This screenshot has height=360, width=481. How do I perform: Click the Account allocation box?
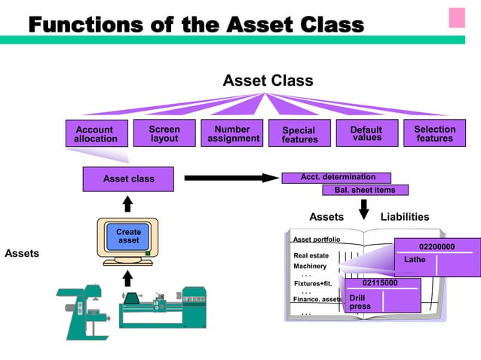click(95, 133)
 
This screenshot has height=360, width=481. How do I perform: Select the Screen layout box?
click(164, 133)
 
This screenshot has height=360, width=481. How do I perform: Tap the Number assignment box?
click(233, 133)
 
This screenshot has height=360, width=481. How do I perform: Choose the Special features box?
click(299, 133)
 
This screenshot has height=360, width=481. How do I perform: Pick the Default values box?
click(366, 133)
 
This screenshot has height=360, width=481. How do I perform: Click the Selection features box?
click(434, 133)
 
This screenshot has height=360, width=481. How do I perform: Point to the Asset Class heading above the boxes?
click(268, 81)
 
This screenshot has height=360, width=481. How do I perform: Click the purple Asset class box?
click(128, 178)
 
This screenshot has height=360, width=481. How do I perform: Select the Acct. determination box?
click(337, 177)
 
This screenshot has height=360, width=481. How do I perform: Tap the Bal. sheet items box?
click(365, 190)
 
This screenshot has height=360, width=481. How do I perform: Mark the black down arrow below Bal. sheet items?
click(363, 209)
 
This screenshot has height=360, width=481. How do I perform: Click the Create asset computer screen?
click(128, 236)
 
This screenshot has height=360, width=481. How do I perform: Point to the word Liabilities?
click(405, 217)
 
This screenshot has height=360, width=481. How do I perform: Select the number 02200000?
click(437, 246)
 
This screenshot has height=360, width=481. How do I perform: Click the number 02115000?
click(380, 283)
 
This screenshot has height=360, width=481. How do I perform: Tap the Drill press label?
click(360, 301)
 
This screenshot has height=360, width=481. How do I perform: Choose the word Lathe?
click(415, 260)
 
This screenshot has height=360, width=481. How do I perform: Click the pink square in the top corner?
click(457, 17)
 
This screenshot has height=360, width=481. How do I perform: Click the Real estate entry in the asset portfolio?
click(311, 255)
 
